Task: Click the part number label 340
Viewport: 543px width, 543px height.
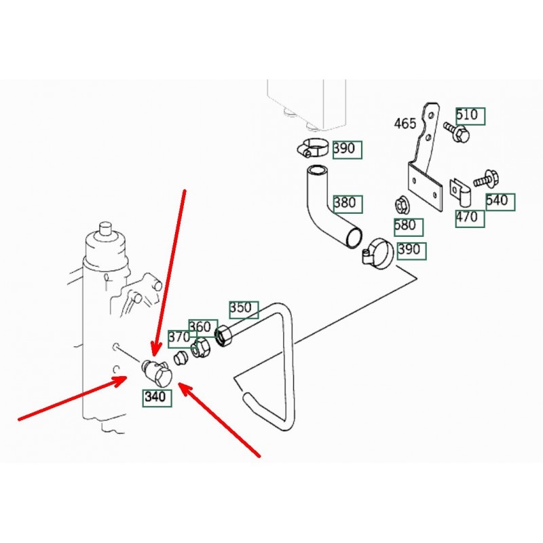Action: [155, 396]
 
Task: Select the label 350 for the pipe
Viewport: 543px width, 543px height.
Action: [241, 308]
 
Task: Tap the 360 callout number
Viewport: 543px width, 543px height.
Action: [200, 326]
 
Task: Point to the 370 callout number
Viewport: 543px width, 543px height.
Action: [179, 337]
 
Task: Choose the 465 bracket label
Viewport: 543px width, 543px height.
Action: [405, 124]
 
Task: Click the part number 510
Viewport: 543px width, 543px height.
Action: [467, 115]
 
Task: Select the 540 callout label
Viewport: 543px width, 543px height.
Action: [497, 200]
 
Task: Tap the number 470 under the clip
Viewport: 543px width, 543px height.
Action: [467, 217]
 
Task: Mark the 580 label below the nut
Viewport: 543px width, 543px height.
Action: [405, 225]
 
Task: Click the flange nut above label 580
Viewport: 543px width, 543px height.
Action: [402, 205]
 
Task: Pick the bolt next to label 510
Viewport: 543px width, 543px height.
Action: [456, 131]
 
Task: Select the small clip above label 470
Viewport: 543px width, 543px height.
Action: [460, 191]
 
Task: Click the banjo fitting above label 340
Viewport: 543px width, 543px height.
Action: [155, 373]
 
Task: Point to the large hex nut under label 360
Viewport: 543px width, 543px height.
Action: [225, 335]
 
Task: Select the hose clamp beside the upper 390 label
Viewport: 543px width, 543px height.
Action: [312, 147]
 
